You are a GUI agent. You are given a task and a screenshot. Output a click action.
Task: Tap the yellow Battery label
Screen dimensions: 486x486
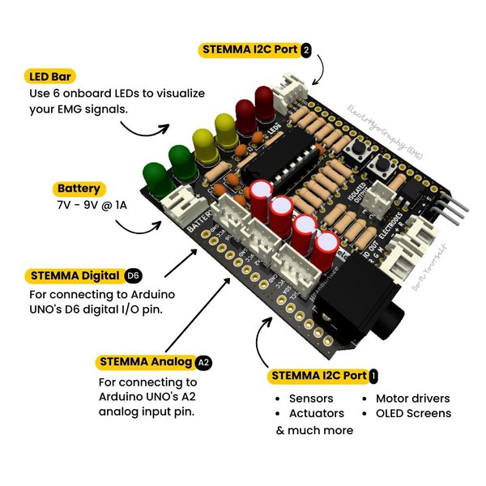tap(79, 189)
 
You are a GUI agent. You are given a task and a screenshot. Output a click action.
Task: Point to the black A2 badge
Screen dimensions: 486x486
tap(202, 362)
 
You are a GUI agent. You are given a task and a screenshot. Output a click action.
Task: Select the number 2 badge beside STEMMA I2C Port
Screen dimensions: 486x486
tap(305, 49)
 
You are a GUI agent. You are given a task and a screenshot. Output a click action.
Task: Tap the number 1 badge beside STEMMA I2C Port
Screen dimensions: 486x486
tap(373, 376)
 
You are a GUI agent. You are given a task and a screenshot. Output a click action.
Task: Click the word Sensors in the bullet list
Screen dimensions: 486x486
tap(311, 399)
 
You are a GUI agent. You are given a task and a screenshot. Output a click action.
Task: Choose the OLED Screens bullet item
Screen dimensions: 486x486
tap(413, 413)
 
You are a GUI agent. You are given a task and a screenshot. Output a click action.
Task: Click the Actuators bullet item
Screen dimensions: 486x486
tap(315, 413)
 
